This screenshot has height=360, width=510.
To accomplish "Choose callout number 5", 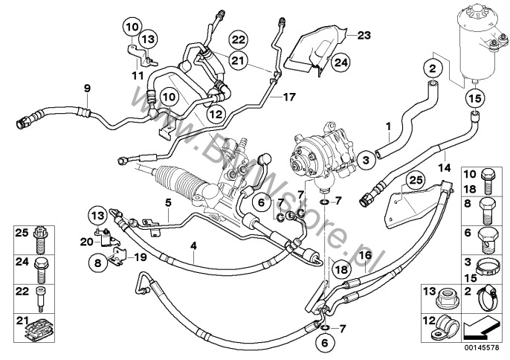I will click(x=168, y=202).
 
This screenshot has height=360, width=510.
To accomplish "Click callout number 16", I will click(x=365, y=255).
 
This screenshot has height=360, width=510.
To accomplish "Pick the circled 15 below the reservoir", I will click(x=474, y=97).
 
